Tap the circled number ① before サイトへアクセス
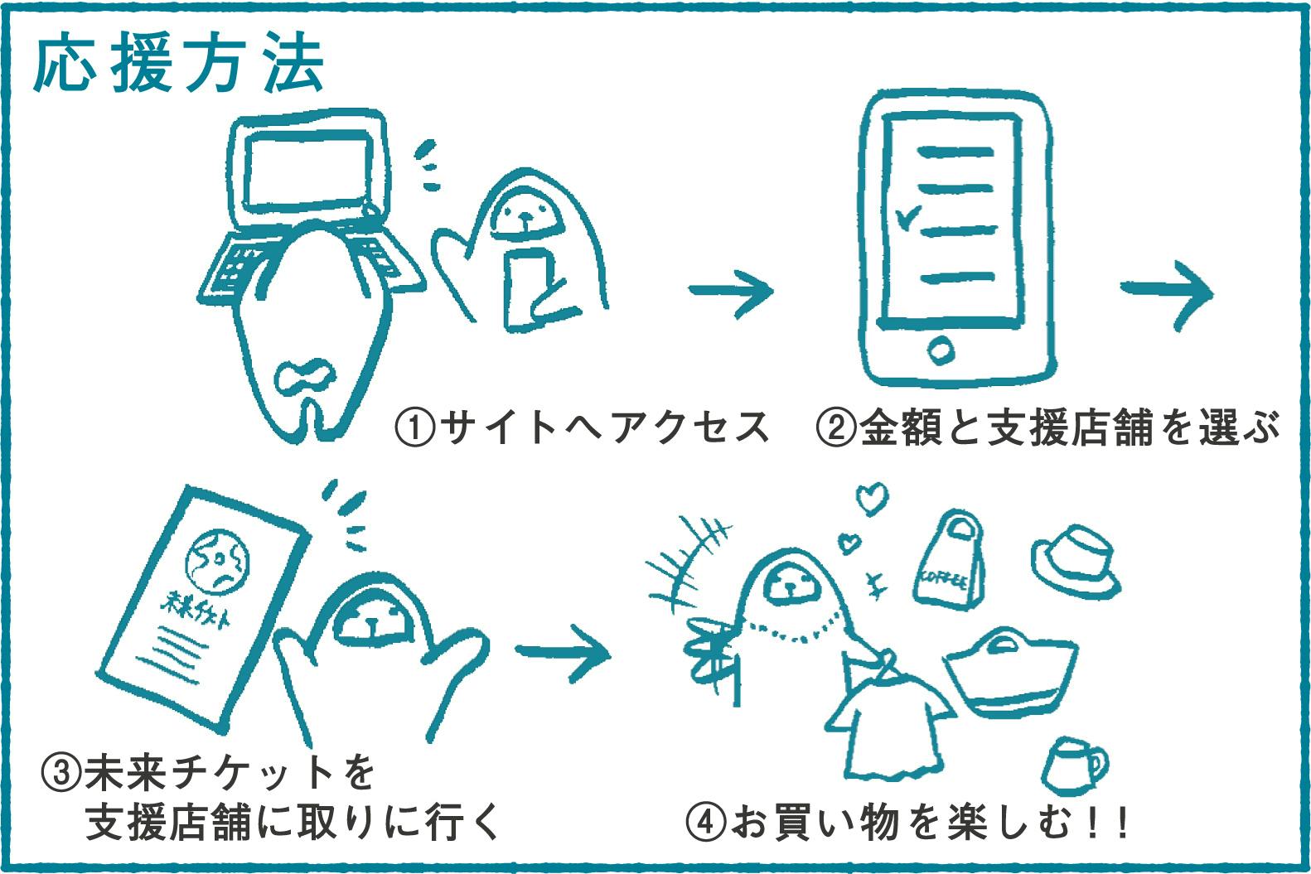414,427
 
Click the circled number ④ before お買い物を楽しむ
706,823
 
